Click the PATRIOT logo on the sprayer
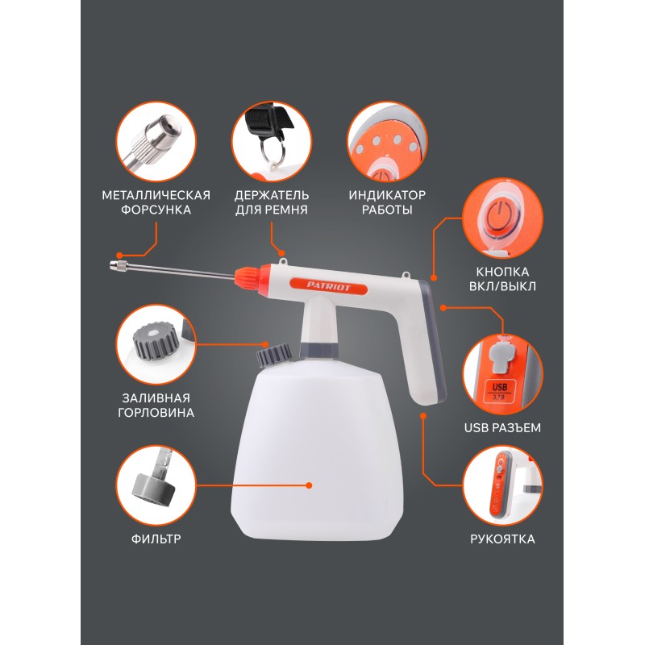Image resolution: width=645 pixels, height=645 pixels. (328, 286)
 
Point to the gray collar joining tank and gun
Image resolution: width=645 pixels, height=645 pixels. (318, 349)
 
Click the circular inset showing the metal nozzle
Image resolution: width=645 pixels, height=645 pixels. (156, 142)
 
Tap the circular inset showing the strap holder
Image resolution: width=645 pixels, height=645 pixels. (272, 142)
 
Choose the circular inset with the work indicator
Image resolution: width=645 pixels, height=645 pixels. (387, 142)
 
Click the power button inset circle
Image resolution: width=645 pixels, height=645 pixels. (502, 218)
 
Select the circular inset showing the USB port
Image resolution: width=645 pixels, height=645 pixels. (502, 374)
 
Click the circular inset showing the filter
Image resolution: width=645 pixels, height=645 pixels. (156, 485)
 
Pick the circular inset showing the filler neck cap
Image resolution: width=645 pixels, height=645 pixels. (156, 345)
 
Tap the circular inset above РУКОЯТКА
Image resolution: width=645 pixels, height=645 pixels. (502, 485)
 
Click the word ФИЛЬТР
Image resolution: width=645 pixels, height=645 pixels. (156, 539)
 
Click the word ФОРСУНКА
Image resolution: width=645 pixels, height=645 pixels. (156, 210)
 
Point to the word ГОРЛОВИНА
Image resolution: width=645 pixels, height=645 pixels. (156, 413)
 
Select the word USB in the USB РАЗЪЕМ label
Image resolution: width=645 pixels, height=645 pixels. (475, 428)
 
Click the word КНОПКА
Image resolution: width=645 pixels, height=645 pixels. (502, 272)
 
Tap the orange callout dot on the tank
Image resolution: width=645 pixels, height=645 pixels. (310, 485)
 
